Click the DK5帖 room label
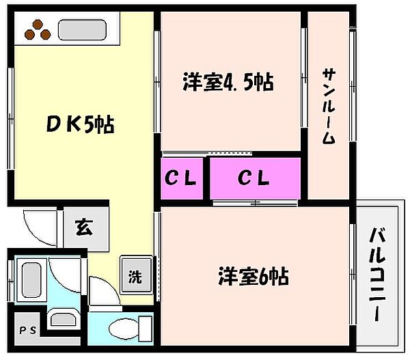[81, 125]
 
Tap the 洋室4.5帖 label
[228, 82]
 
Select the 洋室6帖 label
[253, 277]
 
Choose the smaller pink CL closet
[181, 179]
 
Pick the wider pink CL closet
[254, 179]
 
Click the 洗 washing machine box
[135, 276]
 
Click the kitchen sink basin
[81, 30]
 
